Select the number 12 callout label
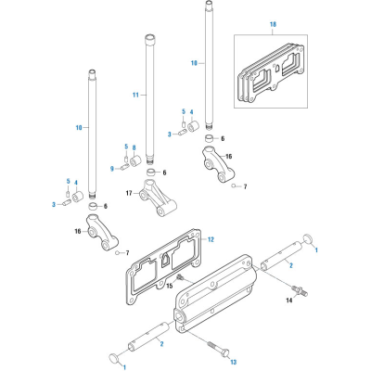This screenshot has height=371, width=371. point(210,240)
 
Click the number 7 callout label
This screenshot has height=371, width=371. point(245,186)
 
